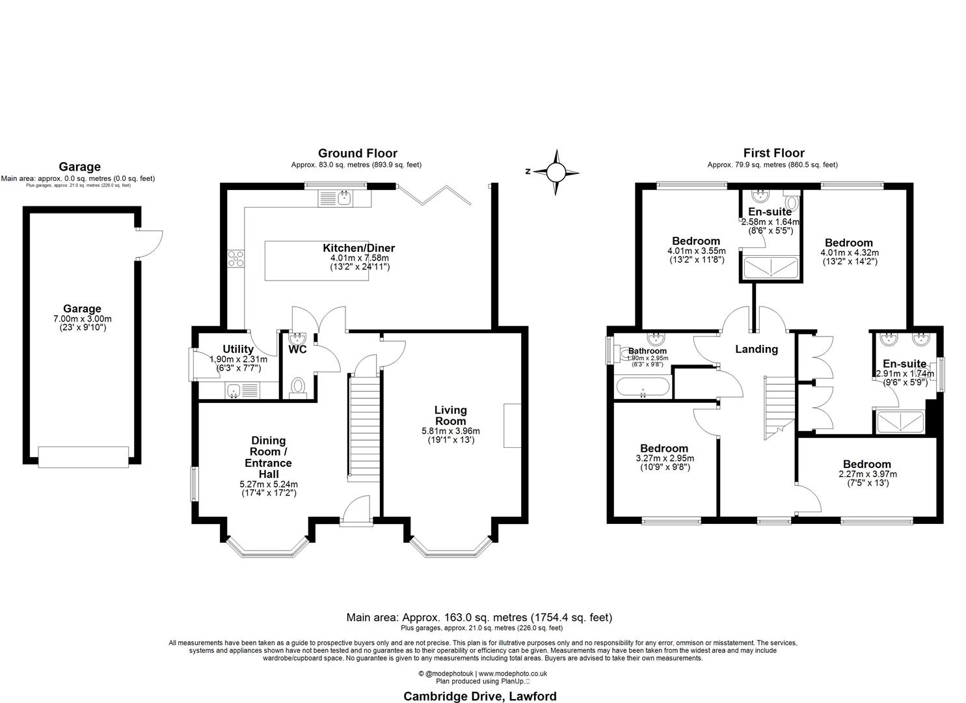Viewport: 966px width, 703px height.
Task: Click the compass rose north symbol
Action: (x=556, y=172)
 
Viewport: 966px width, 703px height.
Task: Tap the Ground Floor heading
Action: (x=357, y=154)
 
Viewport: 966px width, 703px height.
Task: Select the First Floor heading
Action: (x=773, y=154)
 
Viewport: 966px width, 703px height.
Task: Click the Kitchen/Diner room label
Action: (x=358, y=248)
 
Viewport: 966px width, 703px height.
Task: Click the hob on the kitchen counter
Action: (x=235, y=259)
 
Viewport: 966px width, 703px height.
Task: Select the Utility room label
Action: (x=237, y=350)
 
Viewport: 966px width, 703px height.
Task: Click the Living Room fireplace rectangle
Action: (x=513, y=425)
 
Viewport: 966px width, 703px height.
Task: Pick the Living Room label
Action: (x=450, y=415)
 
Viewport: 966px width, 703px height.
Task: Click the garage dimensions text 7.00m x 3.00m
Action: (x=82, y=319)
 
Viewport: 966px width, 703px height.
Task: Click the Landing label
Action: (x=756, y=350)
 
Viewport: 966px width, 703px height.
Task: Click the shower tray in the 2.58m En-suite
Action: (x=770, y=268)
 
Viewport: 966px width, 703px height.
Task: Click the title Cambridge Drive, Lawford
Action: (x=480, y=696)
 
